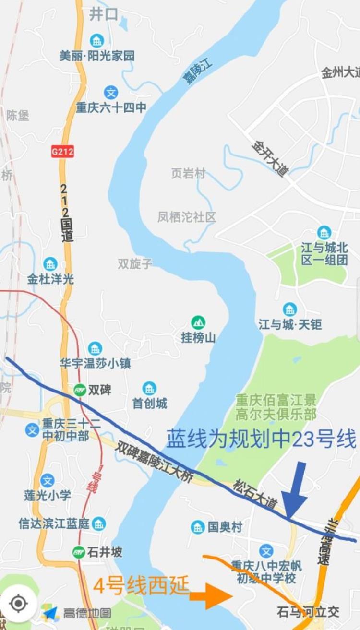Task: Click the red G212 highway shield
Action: (62, 152)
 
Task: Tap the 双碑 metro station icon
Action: (80, 390)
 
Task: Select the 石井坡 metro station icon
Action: (79, 552)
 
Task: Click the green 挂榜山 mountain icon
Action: (198, 322)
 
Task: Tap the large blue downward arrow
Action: (294, 489)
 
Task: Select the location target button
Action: (18, 603)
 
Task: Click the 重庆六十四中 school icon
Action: (111, 92)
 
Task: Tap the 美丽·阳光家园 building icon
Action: (97, 41)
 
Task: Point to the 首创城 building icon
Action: (149, 388)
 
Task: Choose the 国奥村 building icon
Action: (197, 527)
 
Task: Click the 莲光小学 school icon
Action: (47, 480)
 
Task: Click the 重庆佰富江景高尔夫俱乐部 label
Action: (276, 407)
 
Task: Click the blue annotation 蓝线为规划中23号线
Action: (261, 439)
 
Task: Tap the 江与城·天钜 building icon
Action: (289, 309)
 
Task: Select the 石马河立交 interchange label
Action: (308, 612)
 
